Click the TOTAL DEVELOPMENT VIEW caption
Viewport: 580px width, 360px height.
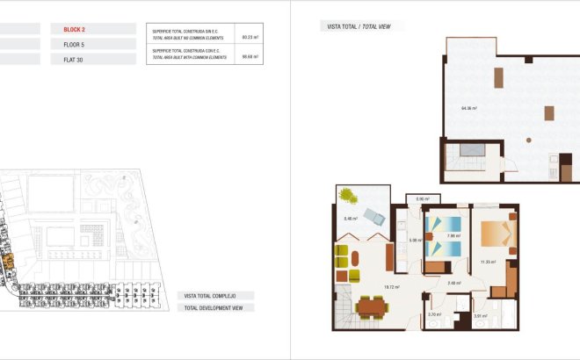point(218,307)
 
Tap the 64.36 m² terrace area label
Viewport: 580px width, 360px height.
point(468,108)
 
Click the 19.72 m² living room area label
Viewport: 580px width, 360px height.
point(392,286)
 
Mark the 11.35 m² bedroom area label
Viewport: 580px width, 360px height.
point(488,262)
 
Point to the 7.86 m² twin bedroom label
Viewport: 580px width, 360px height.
point(453,235)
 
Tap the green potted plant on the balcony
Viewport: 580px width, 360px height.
point(349,195)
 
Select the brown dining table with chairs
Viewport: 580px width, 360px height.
point(373,306)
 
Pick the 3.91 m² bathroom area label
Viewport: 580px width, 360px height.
point(480,316)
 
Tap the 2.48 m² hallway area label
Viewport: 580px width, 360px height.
point(453,283)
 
